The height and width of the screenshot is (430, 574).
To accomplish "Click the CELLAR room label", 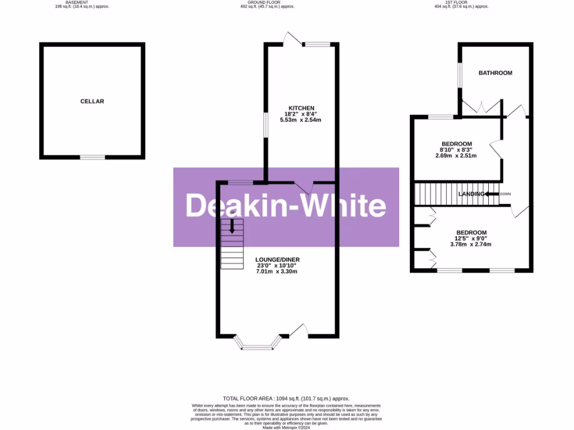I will pyautogui.click(x=92, y=101).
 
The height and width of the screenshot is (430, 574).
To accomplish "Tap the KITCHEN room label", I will pyautogui.click(x=301, y=108).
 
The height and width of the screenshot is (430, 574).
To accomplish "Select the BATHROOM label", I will pyautogui.click(x=495, y=73).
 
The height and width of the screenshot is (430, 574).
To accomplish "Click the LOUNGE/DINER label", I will pyautogui.click(x=277, y=259).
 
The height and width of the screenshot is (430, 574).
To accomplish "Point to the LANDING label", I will pyautogui.click(x=471, y=194).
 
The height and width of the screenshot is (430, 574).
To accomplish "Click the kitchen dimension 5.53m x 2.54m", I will pyautogui.click(x=301, y=120).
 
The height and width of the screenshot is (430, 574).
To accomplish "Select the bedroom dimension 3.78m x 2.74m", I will pyautogui.click(x=471, y=244).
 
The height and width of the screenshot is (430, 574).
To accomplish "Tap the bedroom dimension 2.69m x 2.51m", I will pyautogui.click(x=456, y=156).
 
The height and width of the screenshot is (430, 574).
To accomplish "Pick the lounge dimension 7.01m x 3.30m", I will pyautogui.click(x=277, y=272).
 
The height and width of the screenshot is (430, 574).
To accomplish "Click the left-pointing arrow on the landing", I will pyautogui.click(x=491, y=194).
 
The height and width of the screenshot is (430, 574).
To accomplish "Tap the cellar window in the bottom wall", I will pyautogui.click(x=92, y=157).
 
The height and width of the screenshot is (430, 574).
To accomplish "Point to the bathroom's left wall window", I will pyautogui.click(x=460, y=75).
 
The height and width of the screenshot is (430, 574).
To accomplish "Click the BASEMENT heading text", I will pyautogui.click(x=77, y=2).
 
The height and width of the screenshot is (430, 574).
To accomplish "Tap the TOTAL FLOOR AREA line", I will pyautogui.click(x=286, y=396).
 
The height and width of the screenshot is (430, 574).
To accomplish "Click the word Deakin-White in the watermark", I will pyautogui.click(x=286, y=206).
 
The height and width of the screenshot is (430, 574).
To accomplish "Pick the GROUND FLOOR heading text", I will pyautogui.click(x=263, y=2).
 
